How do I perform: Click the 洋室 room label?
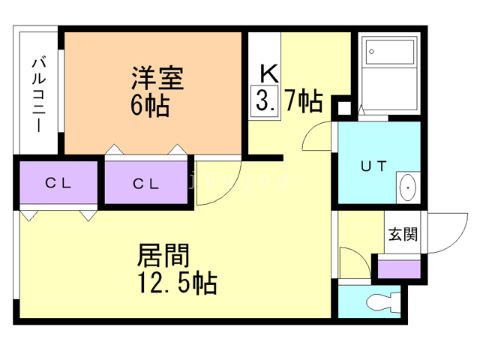coord(157,78)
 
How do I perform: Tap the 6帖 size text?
coord(150,106)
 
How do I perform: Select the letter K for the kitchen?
coord(269,73)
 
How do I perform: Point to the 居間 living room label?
coord(163,255)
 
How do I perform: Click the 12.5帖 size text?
coord(177,283)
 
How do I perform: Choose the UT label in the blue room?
coord(373,166)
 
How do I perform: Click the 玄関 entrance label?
coord(403,235)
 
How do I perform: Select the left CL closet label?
coord(58,183)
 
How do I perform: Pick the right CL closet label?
coord(145,184)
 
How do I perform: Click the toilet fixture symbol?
coord(383,301)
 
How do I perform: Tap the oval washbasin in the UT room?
coord(408,187)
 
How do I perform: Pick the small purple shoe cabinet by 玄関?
coord(399,269)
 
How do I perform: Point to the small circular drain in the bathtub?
coord(372,52)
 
